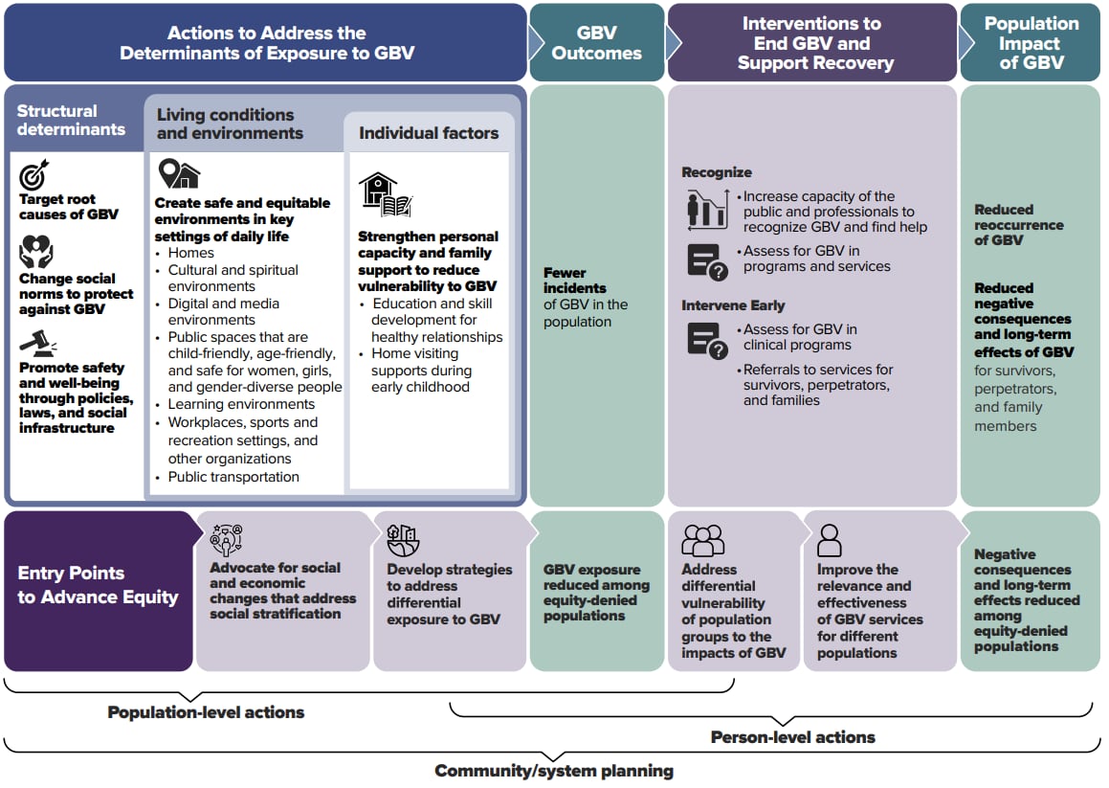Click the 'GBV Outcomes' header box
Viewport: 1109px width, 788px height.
[x=596, y=43]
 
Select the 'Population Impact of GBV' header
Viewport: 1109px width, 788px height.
[x=1031, y=43]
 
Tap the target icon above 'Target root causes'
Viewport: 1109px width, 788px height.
[x=34, y=176]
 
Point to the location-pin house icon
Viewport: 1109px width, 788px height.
[x=179, y=174]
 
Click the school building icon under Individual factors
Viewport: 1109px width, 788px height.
[x=385, y=194]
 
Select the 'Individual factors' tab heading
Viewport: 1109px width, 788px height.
[x=429, y=133]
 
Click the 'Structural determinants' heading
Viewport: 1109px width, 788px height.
[x=71, y=120]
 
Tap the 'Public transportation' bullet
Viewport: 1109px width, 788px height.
[x=233, y=477]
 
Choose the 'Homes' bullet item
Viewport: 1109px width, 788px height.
[x=191, y=253]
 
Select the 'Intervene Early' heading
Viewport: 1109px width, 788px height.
[x=733, y=305]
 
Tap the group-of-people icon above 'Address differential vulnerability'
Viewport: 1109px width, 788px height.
[x=702, y=540]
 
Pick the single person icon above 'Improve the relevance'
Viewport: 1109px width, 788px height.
[x=830, y=540]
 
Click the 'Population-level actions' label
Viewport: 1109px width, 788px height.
[x=206, y=712]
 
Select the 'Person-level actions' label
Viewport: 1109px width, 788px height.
[x=792, y=737]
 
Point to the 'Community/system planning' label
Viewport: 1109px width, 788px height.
[x=554, y=771]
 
